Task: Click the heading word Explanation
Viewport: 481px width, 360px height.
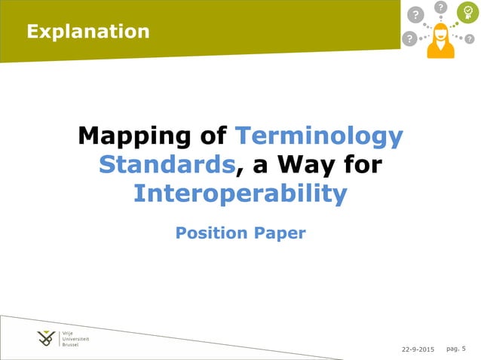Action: coord(87,31)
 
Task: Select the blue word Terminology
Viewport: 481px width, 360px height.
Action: coord(319,137)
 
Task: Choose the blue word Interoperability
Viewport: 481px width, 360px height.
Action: coord(240,194)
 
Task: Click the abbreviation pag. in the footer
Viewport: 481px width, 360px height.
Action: coord(452,349)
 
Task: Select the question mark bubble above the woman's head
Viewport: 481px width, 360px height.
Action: coord(441,8)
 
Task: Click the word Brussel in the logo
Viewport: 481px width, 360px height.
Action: coord(70,345)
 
